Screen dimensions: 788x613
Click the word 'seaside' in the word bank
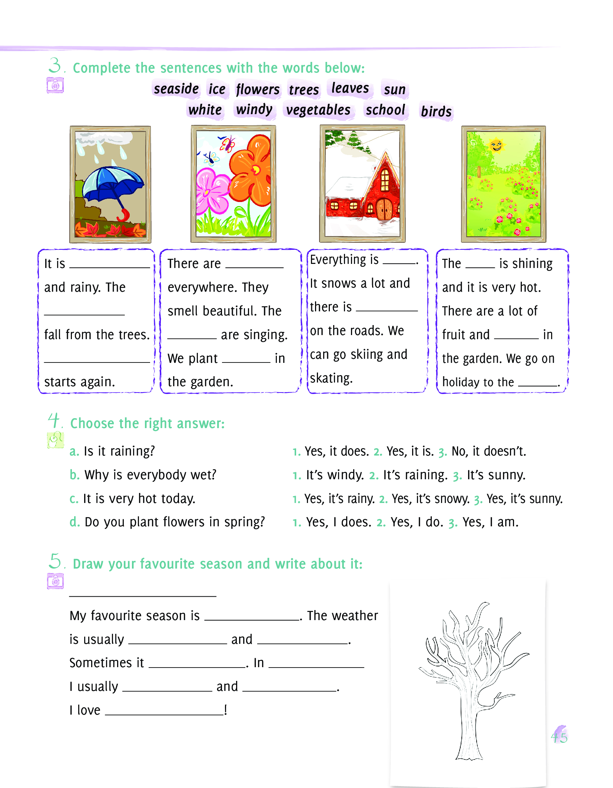click(x=176, y=89)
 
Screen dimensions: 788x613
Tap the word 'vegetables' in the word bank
click(x=318, y=110)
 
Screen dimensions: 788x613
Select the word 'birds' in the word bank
click(x=436, y=111)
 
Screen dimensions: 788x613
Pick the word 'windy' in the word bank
click(x=254, y=110)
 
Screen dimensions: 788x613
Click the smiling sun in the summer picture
click(x=496, y=145)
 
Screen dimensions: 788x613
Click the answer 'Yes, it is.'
click(x=410, y=451)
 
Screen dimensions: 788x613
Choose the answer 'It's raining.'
click(x=415, y=475)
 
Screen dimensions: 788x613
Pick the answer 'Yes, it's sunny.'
click(x=524, y=499)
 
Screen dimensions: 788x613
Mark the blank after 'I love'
click(x=165, y=710)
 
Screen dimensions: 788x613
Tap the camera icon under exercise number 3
click(x=55, y=86)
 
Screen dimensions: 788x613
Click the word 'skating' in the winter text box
click(x=331, y=378)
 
